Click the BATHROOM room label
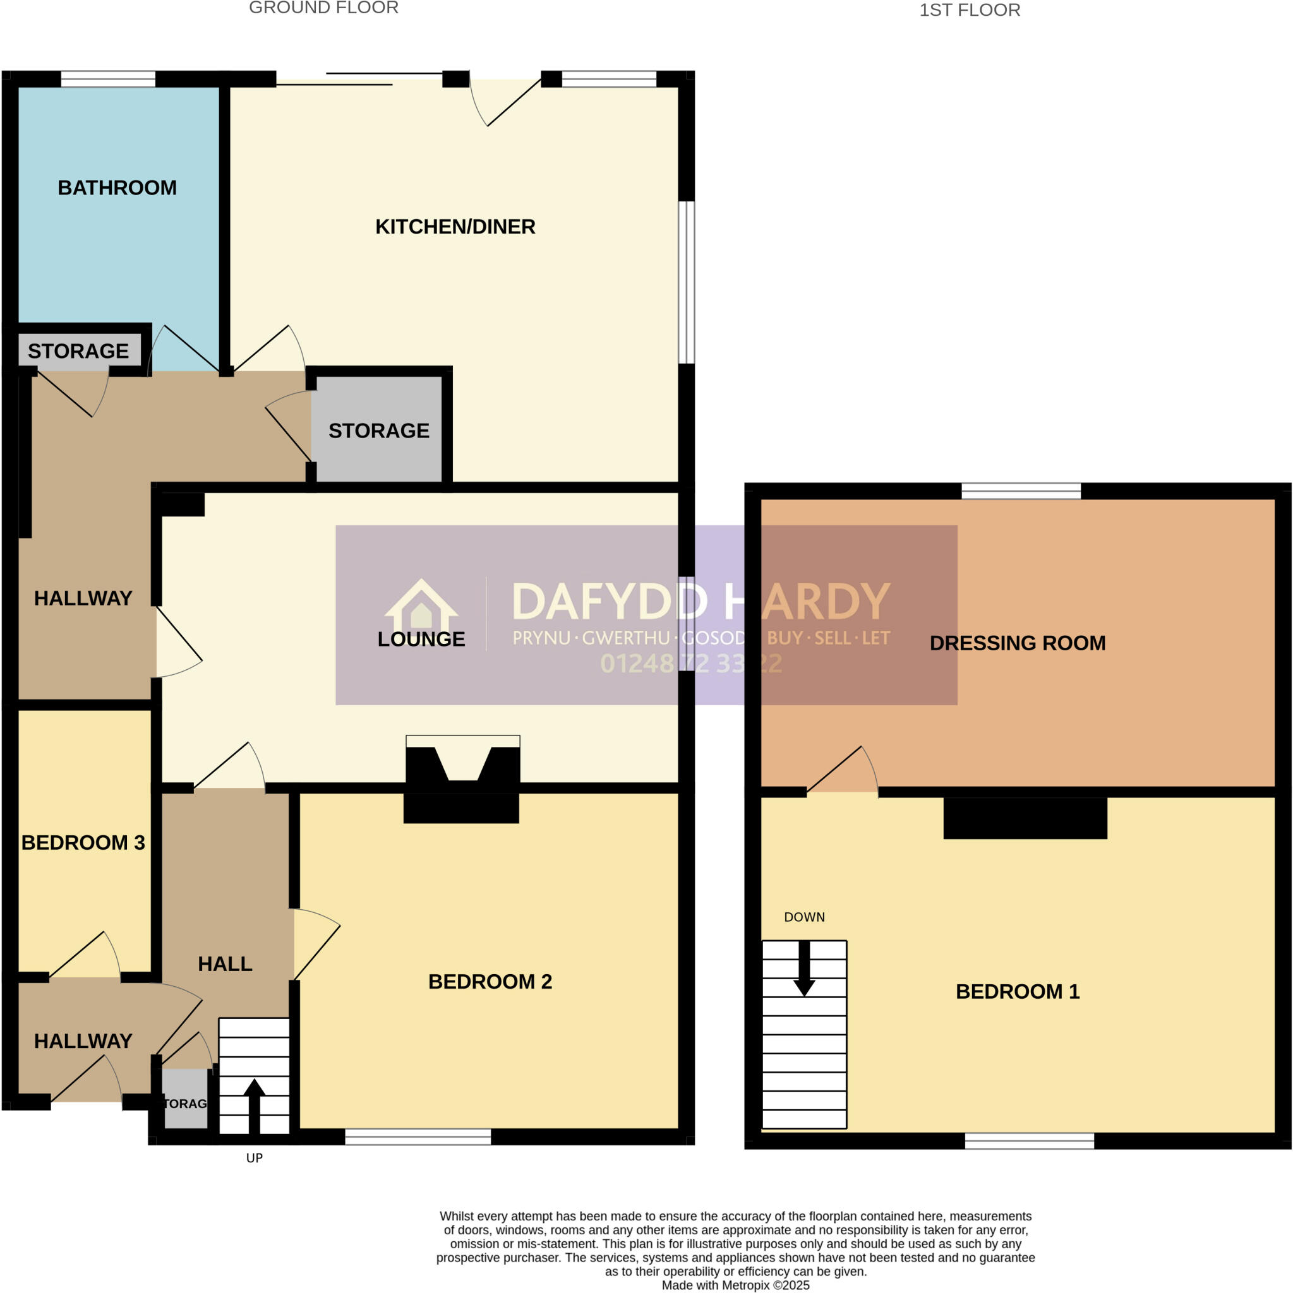117,188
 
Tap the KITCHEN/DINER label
455,227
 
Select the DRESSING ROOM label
1017,643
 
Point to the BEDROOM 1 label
1017,992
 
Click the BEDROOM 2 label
490,982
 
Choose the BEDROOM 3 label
83,843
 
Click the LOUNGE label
421,639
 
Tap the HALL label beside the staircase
225,963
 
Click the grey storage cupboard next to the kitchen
378,431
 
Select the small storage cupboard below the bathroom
78,350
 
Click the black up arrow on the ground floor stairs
254,1105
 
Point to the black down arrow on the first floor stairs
803,969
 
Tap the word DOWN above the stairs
804,917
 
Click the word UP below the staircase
254,1159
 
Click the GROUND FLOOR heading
323,8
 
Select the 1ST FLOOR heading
969,10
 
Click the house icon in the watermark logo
421,605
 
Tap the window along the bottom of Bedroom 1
1029,1141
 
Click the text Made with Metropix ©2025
735,1285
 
